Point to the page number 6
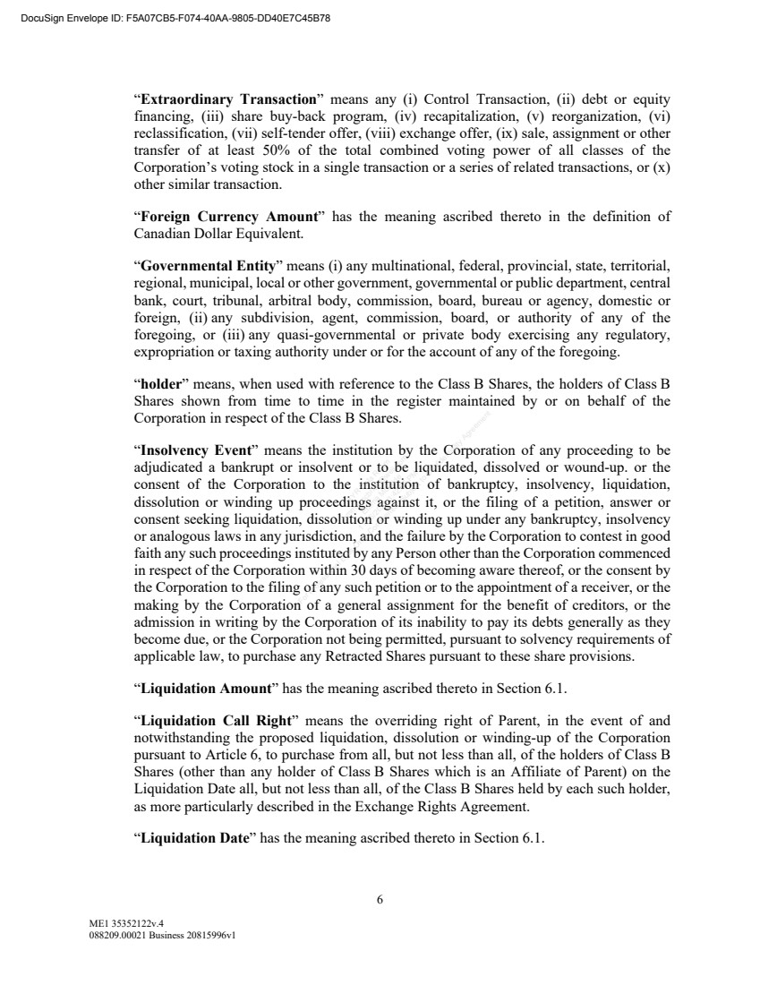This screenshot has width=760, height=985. (x=380, y=900)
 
